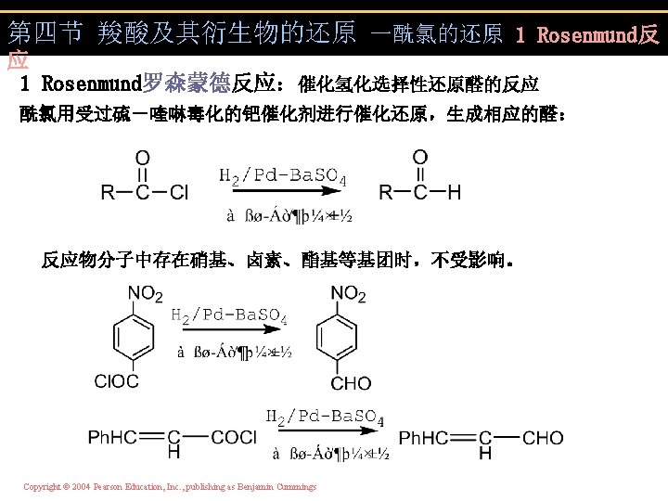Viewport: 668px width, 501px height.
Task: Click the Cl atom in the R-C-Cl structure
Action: pos(177,193)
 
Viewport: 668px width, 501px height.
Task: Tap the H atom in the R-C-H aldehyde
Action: pos(453,193)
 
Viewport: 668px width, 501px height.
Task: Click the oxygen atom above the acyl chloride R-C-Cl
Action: pos(142,157)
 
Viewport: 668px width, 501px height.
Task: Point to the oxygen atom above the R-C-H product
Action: pos(420,157)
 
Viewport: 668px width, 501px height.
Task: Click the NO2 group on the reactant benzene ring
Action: pos(145,294)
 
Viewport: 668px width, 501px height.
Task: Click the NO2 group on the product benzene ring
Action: pos(348,294)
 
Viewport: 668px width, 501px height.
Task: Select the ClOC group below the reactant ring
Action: pos(117,381)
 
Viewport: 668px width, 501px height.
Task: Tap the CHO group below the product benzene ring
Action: pos(351,382)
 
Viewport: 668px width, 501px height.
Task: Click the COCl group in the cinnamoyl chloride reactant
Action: pos(233,437)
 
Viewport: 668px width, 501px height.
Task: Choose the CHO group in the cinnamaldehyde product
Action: pos(543,437)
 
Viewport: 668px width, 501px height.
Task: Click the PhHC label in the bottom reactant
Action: pos(116,437)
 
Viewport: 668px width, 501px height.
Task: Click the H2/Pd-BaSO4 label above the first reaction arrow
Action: pos(282,175)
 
